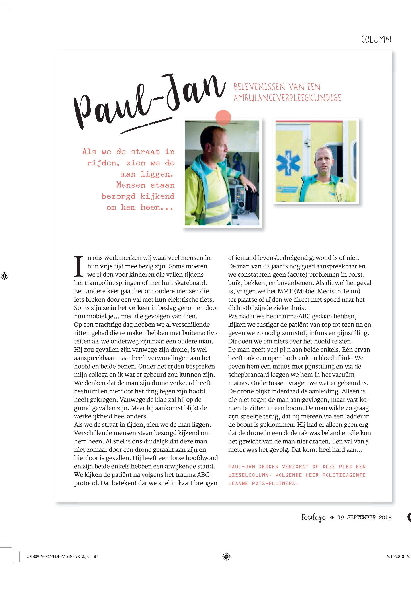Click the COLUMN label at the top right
click(376, 40)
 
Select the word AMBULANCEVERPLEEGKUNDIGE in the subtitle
click(287, 98)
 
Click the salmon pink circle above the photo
click(223, 117)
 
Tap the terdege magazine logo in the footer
click(313, 517)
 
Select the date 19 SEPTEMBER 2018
click(364, 517)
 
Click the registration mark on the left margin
click(4, 276)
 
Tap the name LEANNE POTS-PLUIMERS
click(263, 484)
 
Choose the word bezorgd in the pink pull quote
click(119, 196)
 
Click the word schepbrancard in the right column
click(249, 375)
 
